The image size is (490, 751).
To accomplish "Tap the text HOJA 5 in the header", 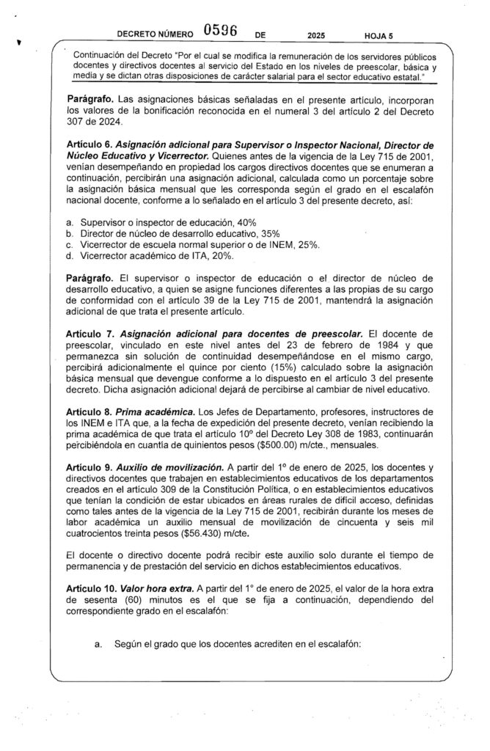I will click(379, 34).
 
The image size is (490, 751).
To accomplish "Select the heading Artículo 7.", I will click(86, 334).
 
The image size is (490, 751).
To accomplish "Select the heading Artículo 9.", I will click(86, 468).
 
